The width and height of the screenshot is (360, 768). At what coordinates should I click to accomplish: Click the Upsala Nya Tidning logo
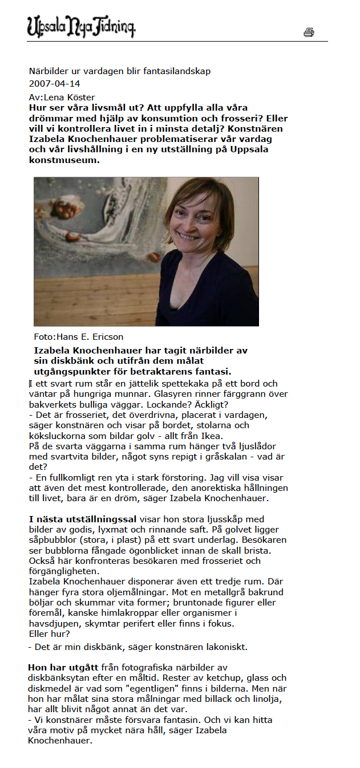(81, 26)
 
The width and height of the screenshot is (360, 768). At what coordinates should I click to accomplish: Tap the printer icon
(309, 32)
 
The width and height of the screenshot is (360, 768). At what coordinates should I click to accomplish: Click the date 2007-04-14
(55, 84)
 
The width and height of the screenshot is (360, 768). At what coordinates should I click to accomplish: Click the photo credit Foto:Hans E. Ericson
(79, 336)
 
